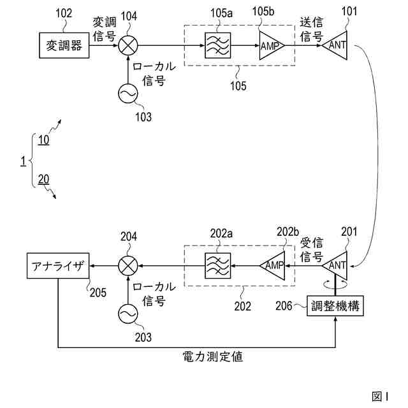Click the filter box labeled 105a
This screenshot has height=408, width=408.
pyautogui.click(x=217, y=46)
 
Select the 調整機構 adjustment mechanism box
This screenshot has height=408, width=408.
pyautogui.click(x=336, y=307)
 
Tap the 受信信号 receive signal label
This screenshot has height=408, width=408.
pyautogui.click(x=312, y=249)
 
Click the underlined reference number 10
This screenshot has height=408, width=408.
pyautogui.click(x=43, y=141)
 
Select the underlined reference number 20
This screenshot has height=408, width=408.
pyautogui.click(x=43, y=179)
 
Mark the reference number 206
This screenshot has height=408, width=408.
pyautogui.click(x=285, y=307)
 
